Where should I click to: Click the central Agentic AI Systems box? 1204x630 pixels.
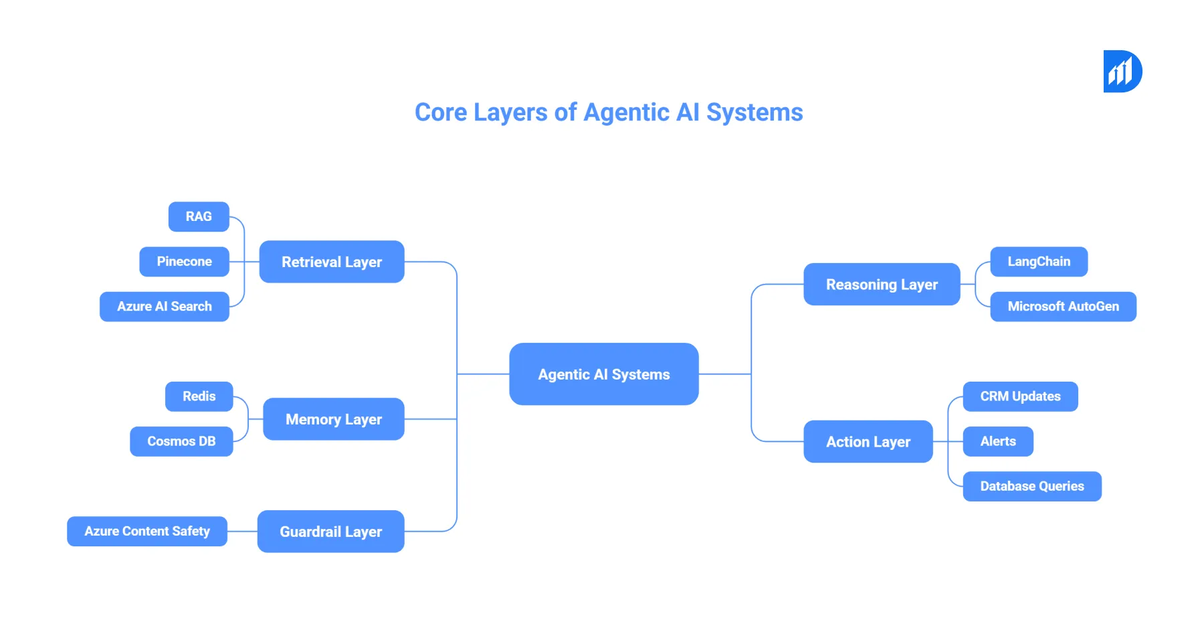(x=603, y=374)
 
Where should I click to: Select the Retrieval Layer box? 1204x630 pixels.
(x=332, y=262)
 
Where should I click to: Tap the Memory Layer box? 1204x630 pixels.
(x=334, y=419)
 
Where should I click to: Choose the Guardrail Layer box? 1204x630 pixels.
(x=331, y=532)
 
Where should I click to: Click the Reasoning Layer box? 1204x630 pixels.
(x=882, y=285)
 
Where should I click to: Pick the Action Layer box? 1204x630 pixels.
(x=868, y=442)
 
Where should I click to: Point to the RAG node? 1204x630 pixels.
(x=199, y=217)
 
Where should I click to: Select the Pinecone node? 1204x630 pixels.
(x=184, y=262)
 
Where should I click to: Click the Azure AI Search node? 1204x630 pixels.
(x=165, y=307)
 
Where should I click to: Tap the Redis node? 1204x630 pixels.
(x=199, y=396)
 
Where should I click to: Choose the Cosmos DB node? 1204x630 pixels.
(x=181, y=442)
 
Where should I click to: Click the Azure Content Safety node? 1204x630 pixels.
(x=147, y=532)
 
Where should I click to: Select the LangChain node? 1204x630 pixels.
(x=1038, y=262)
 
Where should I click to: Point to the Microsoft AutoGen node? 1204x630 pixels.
(x=1063, y=307)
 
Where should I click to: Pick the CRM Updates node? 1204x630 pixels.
(x=1020, y=396)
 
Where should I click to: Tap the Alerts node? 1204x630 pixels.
(x=998, y=442)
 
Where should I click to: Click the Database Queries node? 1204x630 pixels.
(x=1031, y=487)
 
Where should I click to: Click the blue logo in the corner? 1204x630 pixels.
(x=1122, y=72)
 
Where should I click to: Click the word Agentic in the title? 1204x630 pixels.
(x=626, y=112)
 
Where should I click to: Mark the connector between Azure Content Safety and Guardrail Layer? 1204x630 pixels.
(x=242, y=532)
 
